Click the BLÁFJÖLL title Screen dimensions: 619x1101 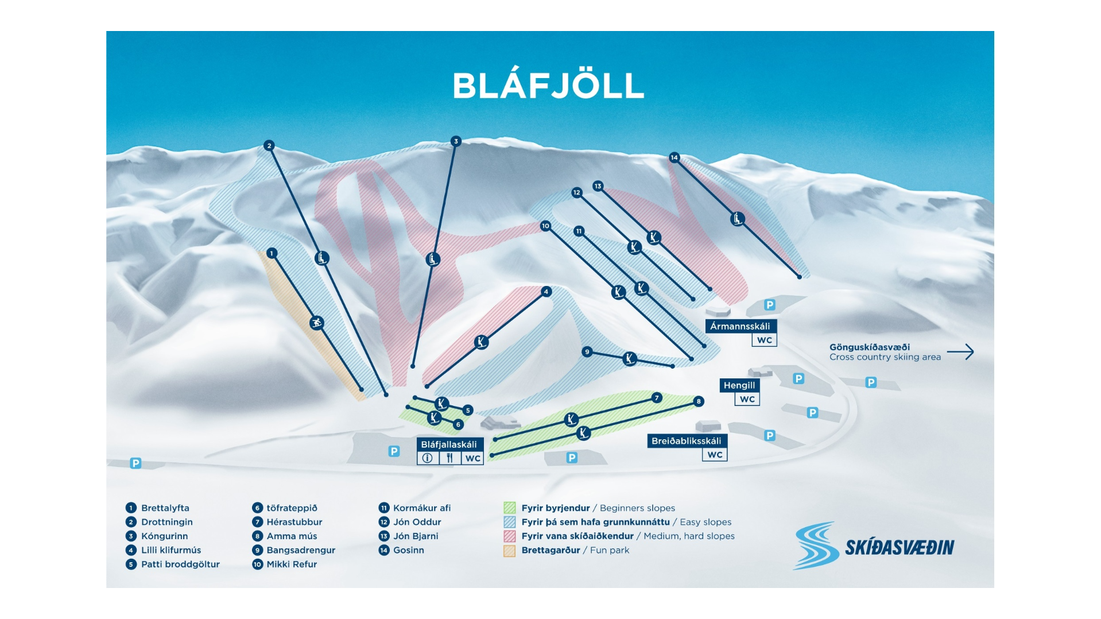click(x=548, y=86)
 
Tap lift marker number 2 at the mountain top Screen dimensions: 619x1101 click(x=269, y=146)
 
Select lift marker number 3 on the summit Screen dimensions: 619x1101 click(x=456, y=141)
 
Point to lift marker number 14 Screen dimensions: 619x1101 click(x=674, y=157)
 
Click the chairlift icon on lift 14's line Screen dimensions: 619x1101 click(x=738, y=219)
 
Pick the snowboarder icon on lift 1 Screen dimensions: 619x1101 click(x=317, y=323)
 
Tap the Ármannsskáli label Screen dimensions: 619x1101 click(x=741, y=326)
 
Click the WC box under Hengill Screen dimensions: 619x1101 click(x=747, y=399)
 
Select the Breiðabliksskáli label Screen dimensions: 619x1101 click(x=687, y=441)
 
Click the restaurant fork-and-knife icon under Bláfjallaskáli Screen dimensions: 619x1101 click(x=450, y=458)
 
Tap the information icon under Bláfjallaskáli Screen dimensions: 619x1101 click(x=428, y=458)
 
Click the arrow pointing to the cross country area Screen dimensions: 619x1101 click(x=960, y=351)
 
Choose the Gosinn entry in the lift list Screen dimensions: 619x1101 click(x=408, y=550)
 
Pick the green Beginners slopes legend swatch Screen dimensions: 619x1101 click(x=509, y=508)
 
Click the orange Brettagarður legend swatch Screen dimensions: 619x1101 click(x=509, y=550)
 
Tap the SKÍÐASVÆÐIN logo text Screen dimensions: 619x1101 click(x=899, y=548)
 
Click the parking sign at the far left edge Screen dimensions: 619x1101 click(x=135, y=463)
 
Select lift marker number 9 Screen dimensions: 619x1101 click(x=587, y=351)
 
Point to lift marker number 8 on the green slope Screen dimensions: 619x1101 click(x=699, y=401)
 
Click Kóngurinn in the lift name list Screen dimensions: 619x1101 click(x=164, y=536)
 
